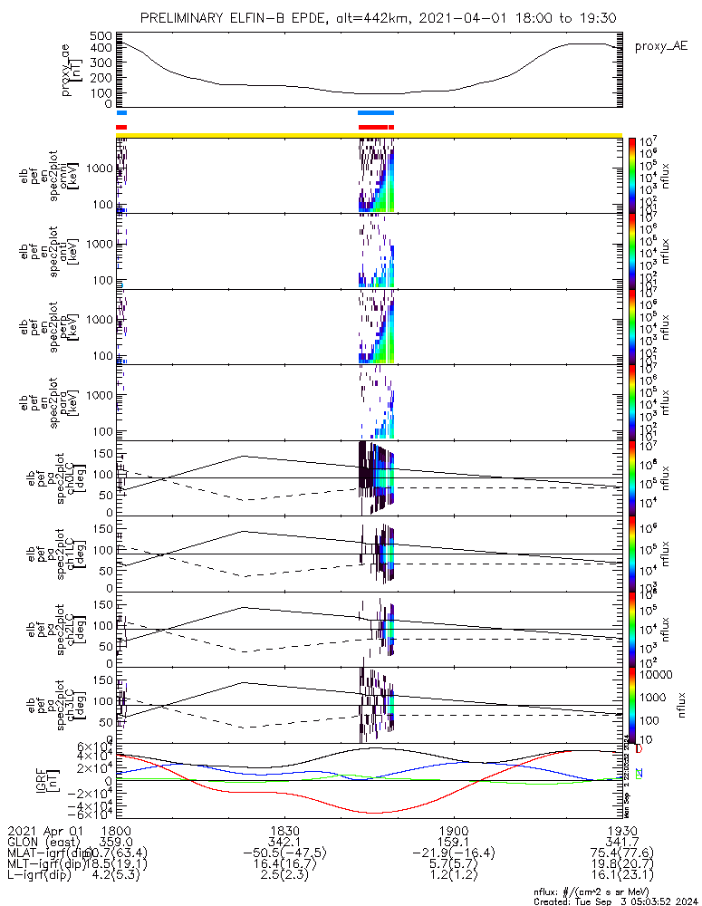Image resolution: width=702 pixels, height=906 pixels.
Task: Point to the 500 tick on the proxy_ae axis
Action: pos(101,35)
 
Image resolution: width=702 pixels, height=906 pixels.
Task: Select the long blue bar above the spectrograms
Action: pos(376,112)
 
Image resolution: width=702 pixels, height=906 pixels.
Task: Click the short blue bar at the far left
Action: pos(121,112)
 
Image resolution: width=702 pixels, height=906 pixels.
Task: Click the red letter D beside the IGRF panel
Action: pos(639,749)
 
